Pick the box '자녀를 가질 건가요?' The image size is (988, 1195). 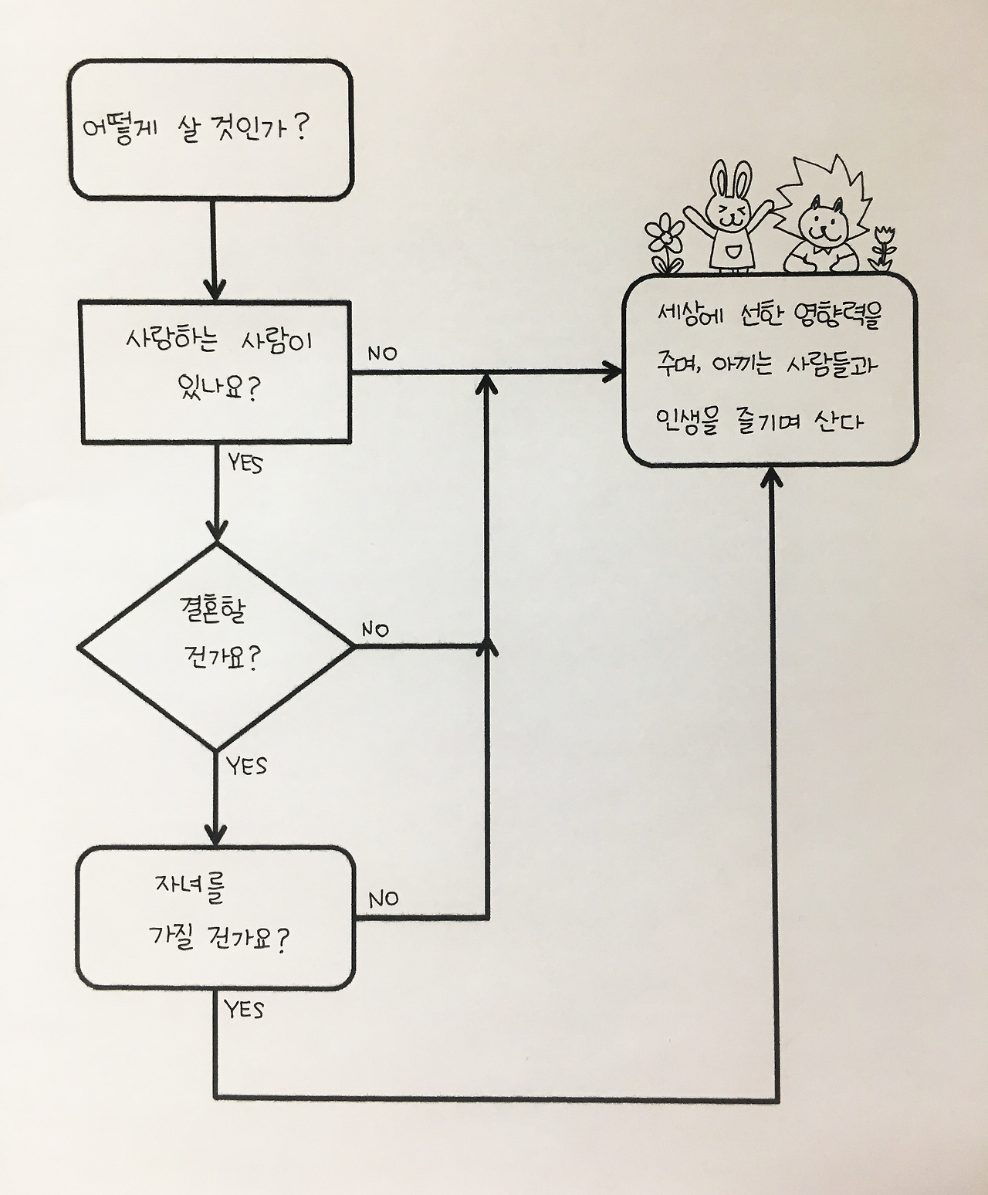tap(215, 917)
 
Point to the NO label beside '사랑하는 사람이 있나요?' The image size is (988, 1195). tap(382, 354)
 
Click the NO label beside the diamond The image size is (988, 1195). tap(375, 629)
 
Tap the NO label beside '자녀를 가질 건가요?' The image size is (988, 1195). tap(383, 899)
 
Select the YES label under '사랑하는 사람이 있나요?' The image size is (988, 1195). tap(245, 464)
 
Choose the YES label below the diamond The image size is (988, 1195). tap(247, 766)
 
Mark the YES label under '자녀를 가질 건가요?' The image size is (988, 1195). tap(244, 1009)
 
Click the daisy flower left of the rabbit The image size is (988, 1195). tap(665, 233)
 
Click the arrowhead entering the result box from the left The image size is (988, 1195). tap(614, 372)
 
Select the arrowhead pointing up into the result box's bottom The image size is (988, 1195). tap(772, 479)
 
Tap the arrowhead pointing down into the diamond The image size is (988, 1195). tap(217, 531)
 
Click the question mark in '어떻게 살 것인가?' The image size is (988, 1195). tap(302, 125)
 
